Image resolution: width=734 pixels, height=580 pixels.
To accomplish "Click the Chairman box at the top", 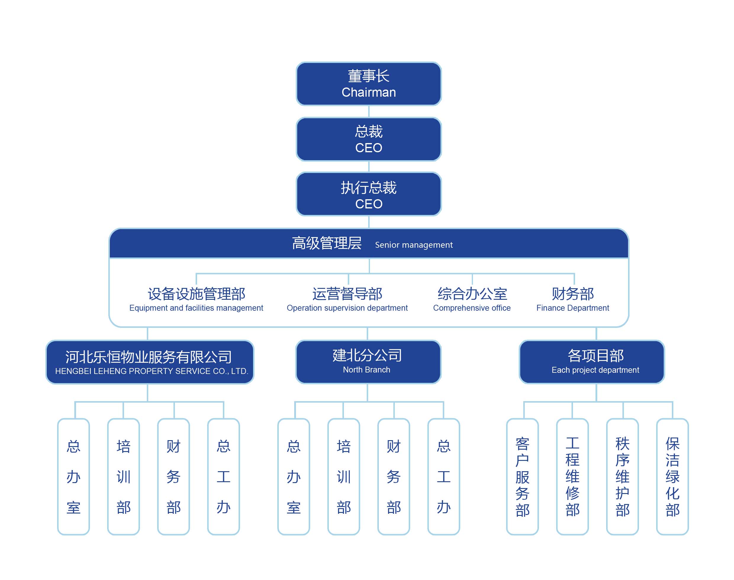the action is pyautogui.click(x=368, y=84).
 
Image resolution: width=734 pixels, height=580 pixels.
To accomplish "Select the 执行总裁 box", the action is pyautogui.click(x=368, y=194).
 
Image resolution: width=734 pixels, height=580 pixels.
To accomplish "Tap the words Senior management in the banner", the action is pyautogui.click(x=414, y=245).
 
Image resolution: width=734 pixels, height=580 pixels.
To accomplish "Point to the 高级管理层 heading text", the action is pyautogui.click(x=327, y=243).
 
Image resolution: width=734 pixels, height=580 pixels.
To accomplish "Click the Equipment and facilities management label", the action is pyautogui.click(x=196, y=308).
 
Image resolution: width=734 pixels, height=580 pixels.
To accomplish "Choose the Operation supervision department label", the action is pyautogui.click(x=347, y=308).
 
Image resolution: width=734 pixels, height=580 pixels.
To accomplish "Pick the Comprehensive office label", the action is pyautogui.click(x=472, y=308).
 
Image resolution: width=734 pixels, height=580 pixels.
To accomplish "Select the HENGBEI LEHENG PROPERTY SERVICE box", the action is pyautogui.click(x=150, y=362).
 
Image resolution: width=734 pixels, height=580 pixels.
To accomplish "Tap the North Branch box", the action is pyautogui.click(x=368, y=362).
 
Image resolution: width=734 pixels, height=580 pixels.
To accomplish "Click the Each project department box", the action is pyautogui.click(x=592, y=362).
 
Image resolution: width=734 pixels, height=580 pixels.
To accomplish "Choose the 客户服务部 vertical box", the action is pyautogui.click(x=523, y=477).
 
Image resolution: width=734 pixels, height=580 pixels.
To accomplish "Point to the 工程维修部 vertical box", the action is pyautogui.click(x=572, y=477).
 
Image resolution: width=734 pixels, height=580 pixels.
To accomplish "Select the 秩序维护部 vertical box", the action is pyautogui.click(x=622, y=477).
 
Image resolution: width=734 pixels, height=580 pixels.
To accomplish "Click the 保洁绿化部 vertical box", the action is pyautogui.click(x=672, y=477).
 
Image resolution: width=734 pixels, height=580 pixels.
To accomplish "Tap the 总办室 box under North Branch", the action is pyautogui.click(x=294, y=477).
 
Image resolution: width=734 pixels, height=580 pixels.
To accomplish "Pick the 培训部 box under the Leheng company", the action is pyautogui.click(x=123, y=477).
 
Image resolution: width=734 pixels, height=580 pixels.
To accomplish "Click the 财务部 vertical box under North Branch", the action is pyautogui.click(x=394, y=477).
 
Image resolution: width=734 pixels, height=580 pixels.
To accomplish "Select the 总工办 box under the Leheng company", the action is pyautogui.click(x=224, y=477).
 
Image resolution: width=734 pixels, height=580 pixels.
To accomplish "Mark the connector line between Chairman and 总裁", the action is pyautogui.click(x=369, y=111).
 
